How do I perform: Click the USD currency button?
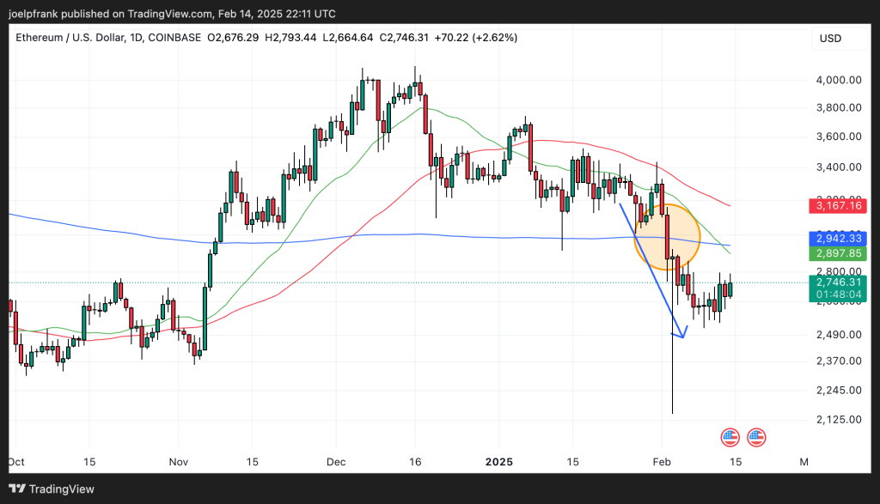pyautogui.click(x=831, y=39)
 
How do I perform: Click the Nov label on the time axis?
pyautogui.click(x=179, y=462)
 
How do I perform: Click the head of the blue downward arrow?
pyautogui.click(x=682, y=335)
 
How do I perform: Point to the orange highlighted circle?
pyautogui.click(x=667, y=238)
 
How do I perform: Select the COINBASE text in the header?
pyautogui.click(x=177, y=38)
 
